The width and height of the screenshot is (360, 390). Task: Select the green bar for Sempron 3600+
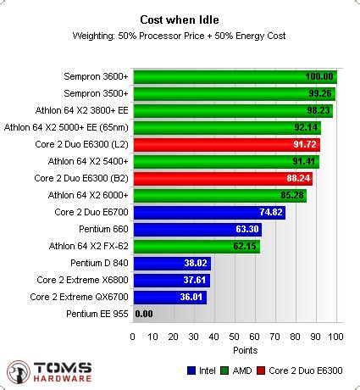coord(235,76)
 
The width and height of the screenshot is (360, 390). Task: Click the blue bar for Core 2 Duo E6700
coord(208,212)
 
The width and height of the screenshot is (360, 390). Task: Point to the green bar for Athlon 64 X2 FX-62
coord(196,246)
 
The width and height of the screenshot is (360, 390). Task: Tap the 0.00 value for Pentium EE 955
coord(144,314)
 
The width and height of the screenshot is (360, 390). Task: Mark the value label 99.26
coord(319,93)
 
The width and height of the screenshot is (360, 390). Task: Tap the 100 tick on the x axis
coord(335,337)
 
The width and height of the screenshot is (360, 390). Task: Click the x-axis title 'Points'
coord(234,349)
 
